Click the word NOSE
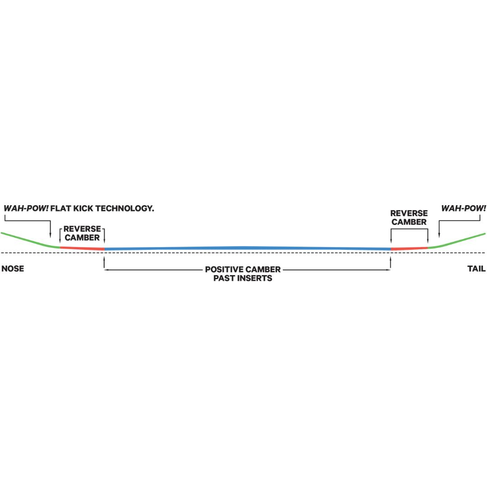coord(13,269)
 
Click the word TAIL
coord(477,269)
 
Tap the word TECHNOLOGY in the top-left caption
coord(125,208)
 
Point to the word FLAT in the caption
coord(61,208)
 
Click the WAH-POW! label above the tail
coord(464,208)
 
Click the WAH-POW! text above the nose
coord(26,208)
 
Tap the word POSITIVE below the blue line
coord(224,270)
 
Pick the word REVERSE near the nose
coord(83,229)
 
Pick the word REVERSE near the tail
coord(409,213)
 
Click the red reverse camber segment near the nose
coord(82,248)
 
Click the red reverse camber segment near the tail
coord(409,248)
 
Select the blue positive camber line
coord(248,248)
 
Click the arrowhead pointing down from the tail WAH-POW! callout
coord(439,235)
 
